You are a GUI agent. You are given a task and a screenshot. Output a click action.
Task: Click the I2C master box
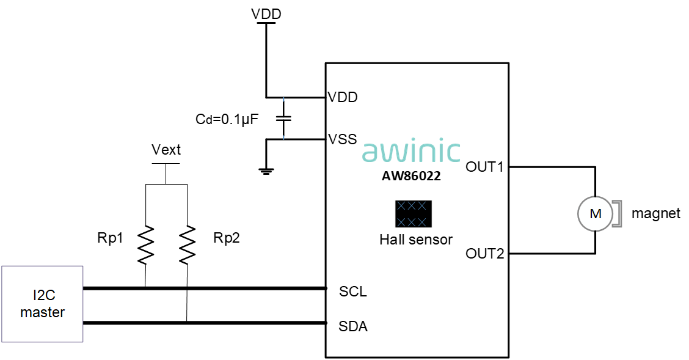[42, 304]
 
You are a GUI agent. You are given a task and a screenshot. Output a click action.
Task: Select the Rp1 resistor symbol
[145, 245]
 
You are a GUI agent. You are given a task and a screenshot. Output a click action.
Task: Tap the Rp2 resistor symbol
[187, 245]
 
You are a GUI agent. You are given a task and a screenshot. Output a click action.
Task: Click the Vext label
[166, 150]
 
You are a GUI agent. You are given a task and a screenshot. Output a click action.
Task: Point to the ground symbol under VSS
[266, 171]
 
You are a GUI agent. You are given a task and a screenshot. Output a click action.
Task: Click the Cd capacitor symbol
[283, 118]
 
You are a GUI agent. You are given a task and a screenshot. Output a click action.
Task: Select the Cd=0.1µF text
[227, 119]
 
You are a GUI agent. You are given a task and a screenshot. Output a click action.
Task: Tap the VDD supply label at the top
[266, 13]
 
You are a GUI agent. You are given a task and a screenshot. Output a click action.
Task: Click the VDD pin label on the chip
[343, 97]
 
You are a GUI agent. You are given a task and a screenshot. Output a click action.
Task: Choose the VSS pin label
[343, 139]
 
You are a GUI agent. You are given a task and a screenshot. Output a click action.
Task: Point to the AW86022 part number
[411, 176]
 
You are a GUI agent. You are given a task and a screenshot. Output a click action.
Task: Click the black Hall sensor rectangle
[414, 214]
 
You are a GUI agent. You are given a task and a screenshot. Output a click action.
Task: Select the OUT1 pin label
[484, 167]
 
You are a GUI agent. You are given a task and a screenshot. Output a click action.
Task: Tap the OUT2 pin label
[484, 254]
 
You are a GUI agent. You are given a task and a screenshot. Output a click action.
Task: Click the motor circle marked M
[595, 214]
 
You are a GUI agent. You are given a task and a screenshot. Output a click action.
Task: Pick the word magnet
[655, 214]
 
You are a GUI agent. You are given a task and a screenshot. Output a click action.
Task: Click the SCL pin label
[353, 292]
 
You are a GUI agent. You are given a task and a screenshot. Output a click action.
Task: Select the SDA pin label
[353, 326]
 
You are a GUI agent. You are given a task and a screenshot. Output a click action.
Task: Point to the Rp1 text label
[111, 238]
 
